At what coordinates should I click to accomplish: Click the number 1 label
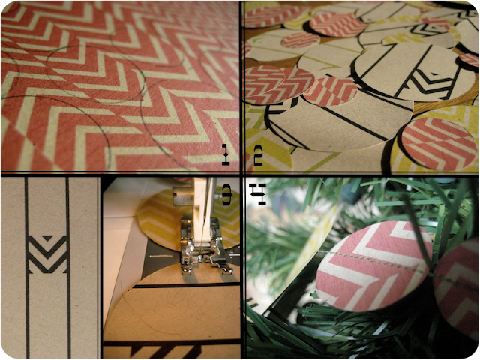(226, 154)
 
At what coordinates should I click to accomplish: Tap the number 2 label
(258, 155)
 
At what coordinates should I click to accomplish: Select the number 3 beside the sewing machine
(227, 195)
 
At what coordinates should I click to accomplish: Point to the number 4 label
(257, 194)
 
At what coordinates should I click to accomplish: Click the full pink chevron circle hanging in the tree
(373, 265)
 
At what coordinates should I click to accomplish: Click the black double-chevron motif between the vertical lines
(48, 254)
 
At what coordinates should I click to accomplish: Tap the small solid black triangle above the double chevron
(47, 238)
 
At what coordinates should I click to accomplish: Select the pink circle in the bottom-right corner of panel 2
(438, 143)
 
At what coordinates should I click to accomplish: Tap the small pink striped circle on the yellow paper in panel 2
(300, 40)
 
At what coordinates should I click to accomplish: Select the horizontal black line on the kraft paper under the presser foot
(187, 285)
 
